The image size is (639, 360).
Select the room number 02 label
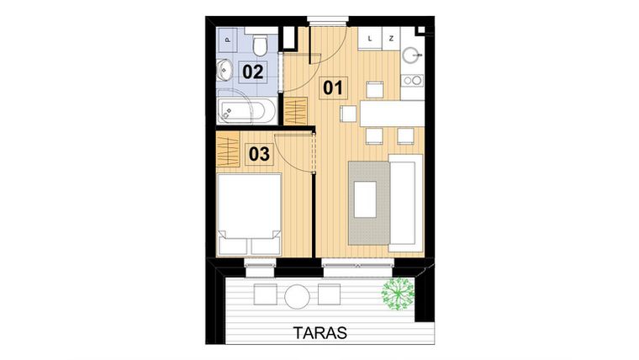253,71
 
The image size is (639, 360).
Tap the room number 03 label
259,154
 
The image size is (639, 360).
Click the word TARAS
320,331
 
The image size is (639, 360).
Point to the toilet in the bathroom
260,44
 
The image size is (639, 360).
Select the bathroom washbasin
224,71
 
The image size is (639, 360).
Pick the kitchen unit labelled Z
391,38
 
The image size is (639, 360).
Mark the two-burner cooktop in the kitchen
411,81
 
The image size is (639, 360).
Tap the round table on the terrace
297,295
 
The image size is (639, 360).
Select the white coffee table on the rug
365,201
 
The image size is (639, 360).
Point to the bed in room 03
249,214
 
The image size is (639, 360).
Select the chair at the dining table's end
348,114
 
